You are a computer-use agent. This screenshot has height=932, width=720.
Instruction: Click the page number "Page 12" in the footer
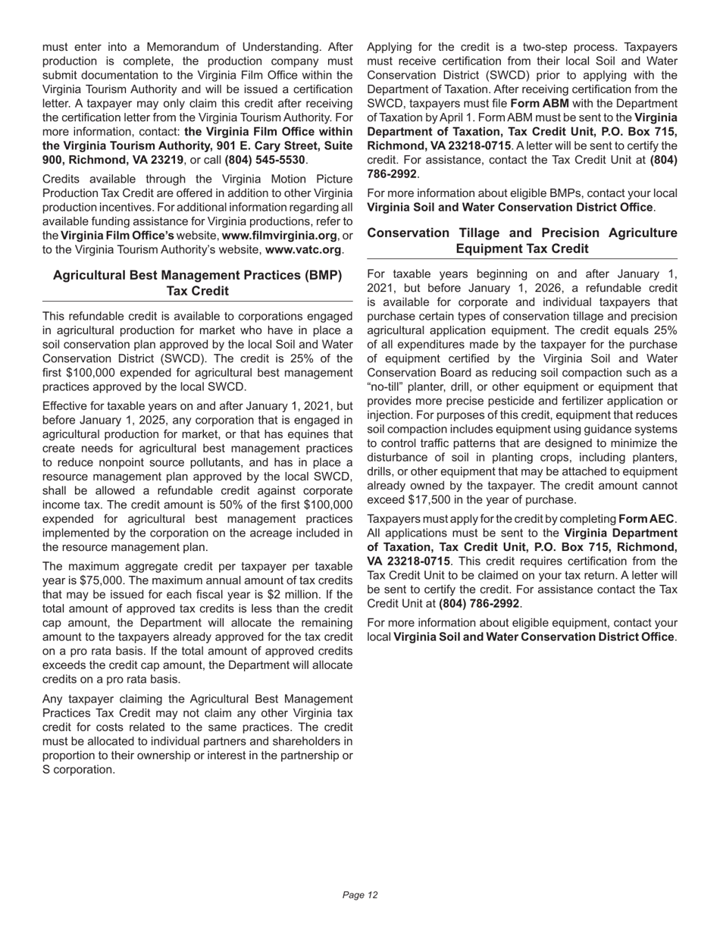[x=360, y=895]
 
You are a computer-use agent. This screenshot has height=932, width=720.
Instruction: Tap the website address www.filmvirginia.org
[x=279, y=235]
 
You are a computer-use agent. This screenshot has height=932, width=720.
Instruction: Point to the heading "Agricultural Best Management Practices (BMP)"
[x=197, y=275]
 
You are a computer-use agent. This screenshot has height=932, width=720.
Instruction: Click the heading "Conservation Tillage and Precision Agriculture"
[x=522, y=233]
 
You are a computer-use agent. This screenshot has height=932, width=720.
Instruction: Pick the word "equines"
[x=299, y=434]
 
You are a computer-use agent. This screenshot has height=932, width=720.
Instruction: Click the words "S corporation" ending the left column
[x=79, y=770]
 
